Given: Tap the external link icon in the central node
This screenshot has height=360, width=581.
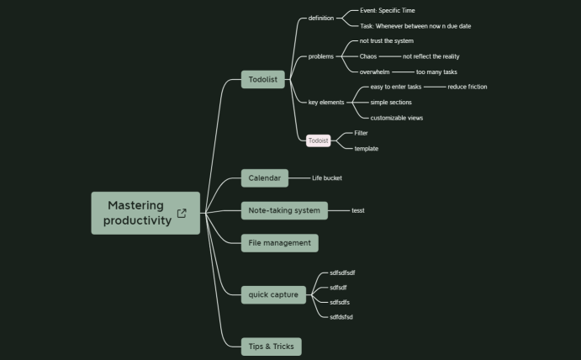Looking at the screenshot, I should [182, 214].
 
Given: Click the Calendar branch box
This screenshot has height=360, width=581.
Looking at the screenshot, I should [264, 177].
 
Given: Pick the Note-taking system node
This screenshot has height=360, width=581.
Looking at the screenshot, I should [284, 210].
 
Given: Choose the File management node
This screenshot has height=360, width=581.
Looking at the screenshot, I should [279, 243].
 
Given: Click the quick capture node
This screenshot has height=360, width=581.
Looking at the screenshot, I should [273, 294].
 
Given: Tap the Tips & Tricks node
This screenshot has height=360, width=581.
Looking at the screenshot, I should [271, 346].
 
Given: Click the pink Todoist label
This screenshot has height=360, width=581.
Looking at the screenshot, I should [319, 140].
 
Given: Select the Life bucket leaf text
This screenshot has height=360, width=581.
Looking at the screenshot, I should [327, 178].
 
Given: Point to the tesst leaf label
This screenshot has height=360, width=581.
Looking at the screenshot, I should [358, 210].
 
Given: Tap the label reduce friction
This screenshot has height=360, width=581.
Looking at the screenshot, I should [467, 87].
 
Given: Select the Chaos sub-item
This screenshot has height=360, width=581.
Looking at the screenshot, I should [368, 56].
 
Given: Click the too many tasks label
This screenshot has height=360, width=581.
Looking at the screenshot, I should [436, 72].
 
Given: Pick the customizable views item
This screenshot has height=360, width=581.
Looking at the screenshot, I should [396, 118].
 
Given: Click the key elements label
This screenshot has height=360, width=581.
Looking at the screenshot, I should [326, 102].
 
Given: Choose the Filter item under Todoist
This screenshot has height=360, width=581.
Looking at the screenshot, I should [361, 133].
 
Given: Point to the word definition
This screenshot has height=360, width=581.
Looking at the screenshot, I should [321, 18].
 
